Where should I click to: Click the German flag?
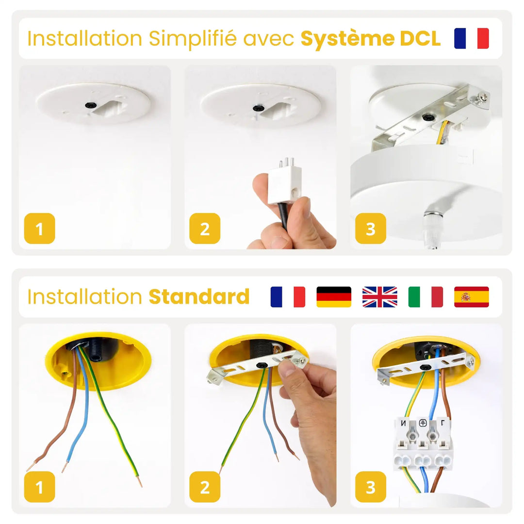(x=334, y=297)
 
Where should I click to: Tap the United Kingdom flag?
(x=379, y=297)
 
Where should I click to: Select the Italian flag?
(x=426, y=297)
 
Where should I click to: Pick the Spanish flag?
(x=471, y=297)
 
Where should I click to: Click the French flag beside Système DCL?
(x=471, y=38)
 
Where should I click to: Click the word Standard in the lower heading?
(x=199, y=297)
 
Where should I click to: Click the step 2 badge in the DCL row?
(x=205, y=229)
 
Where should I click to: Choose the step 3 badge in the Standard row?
(x=371, y=487)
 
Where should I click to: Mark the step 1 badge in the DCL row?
(x=39, y=229)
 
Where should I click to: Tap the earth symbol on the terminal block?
(x=423, y=423)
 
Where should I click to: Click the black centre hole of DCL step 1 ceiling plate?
(x=90, y=105)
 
